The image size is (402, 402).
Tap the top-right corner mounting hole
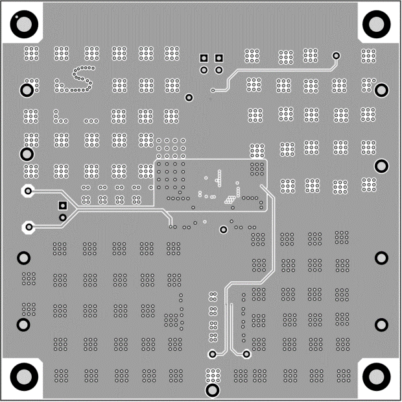[377, 24]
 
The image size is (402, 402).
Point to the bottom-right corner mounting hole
[377, 376]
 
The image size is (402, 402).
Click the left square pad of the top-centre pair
[204, 58]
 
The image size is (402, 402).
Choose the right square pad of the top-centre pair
[219, 58]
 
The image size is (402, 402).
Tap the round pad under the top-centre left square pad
[204, 69]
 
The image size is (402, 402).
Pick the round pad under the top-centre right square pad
[219, 69]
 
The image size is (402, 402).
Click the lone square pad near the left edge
[62, 205]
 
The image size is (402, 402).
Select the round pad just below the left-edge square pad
[62, 216]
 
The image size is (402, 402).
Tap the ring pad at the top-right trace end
[336, 56]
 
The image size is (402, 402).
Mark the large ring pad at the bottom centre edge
[211, 389]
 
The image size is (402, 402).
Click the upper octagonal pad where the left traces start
[28, 191]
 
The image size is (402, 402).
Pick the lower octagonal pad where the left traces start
[28, 227]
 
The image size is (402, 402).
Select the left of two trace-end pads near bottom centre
[213, 355]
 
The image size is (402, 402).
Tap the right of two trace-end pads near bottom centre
[246, 355]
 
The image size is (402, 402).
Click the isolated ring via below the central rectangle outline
[224, 229]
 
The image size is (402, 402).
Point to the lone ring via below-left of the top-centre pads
[189, 97]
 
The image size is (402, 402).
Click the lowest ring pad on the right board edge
[381, 324]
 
